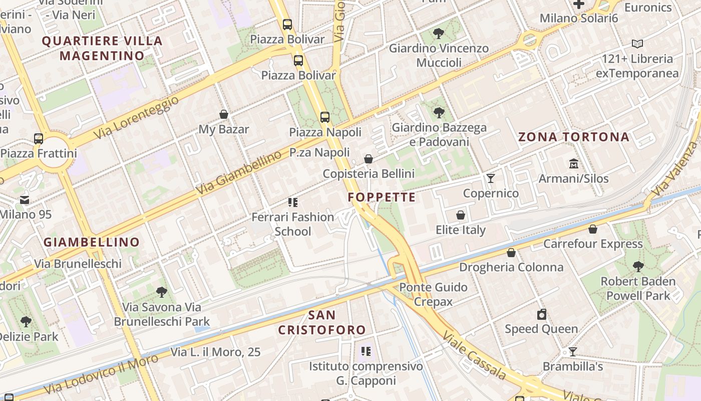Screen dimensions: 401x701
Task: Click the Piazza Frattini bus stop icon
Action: point(39,138)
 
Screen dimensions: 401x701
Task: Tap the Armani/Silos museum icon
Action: point(573,164)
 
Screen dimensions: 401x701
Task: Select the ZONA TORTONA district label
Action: point(573,137)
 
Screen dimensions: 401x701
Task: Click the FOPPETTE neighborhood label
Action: point(382,197)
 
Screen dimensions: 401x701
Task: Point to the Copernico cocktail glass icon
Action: point(490,178)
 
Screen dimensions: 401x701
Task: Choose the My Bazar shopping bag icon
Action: point(224,115)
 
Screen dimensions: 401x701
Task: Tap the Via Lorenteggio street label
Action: point(136,118)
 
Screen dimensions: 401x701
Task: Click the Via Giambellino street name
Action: point(239,173)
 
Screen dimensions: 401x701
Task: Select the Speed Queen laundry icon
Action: point(541,314)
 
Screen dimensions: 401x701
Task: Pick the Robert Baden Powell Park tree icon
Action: point(638,266)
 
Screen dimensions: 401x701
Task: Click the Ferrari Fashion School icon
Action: point(293,203)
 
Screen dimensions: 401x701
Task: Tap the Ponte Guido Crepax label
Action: point(433,294)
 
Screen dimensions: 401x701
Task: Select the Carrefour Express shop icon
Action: point(593,229)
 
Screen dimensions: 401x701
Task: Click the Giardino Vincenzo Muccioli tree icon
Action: point(439,34)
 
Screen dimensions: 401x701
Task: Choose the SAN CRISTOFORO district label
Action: point(322,322)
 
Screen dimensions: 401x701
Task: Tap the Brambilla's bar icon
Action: point(573,352)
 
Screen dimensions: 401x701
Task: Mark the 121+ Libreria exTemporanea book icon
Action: point(637,44)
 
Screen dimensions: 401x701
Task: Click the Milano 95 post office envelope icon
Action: point(25,200)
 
